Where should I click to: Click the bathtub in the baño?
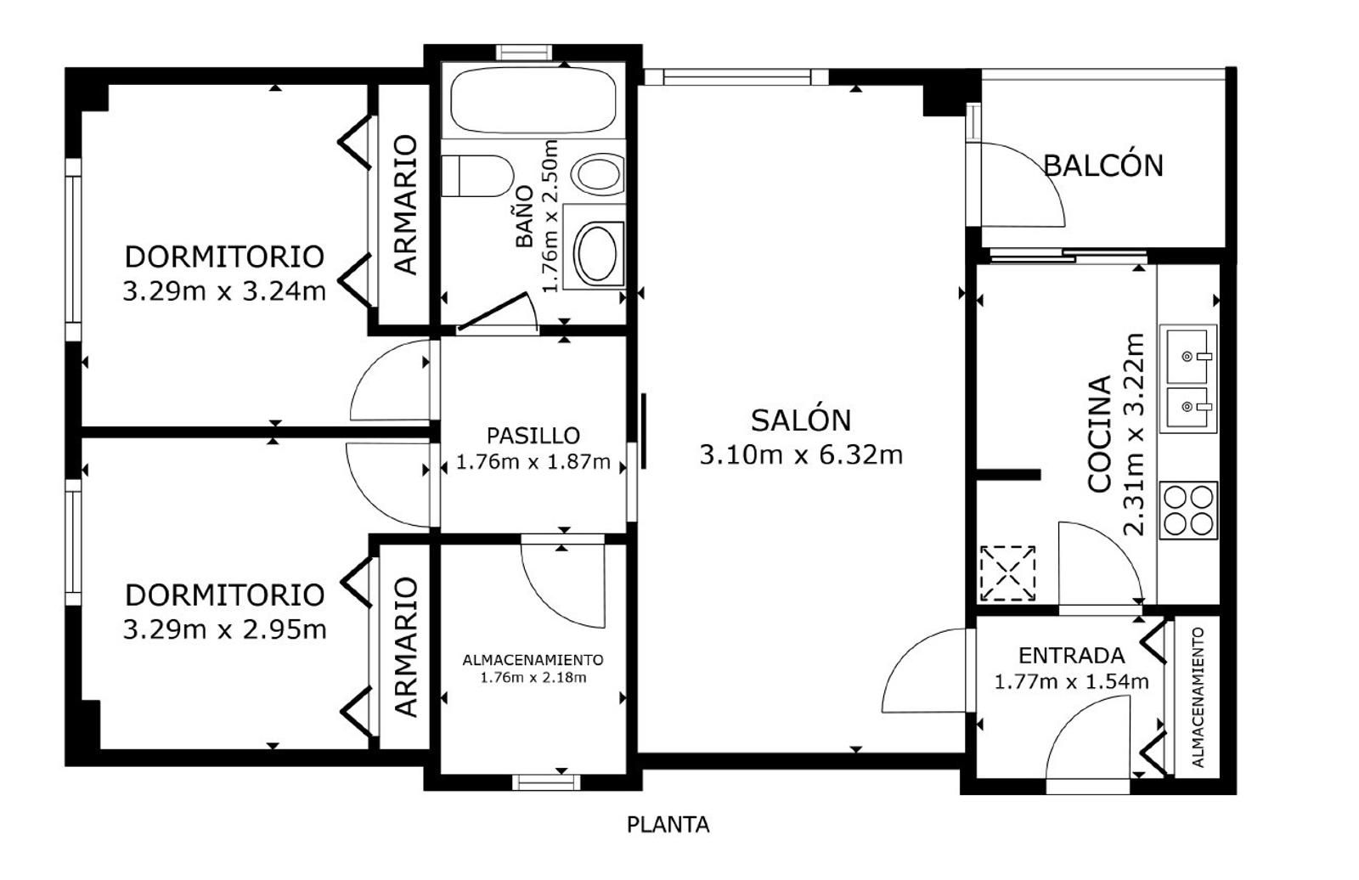click(533, 100)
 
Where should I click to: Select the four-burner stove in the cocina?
click(1188, 510)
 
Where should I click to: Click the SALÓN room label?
click(801, 420)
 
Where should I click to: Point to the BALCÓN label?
click(1103, 165)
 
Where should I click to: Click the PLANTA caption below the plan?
click(668, 825)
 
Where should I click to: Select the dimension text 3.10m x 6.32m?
click(801, 454)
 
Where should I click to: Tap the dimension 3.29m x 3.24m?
click(224, 291)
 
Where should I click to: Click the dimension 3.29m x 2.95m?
click(224, 629)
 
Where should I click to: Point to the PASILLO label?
click(533, 435)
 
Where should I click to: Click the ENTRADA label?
click(1071, 656)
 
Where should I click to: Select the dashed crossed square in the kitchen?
click(1007, 573)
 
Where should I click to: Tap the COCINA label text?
click(1099, 434)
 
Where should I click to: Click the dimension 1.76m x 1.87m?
click(533, 462)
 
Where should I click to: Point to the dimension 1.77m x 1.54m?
click(1071, 682)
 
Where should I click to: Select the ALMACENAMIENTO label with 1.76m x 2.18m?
click(533, 668)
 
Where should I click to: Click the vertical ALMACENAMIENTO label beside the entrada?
click(1198, 697)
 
